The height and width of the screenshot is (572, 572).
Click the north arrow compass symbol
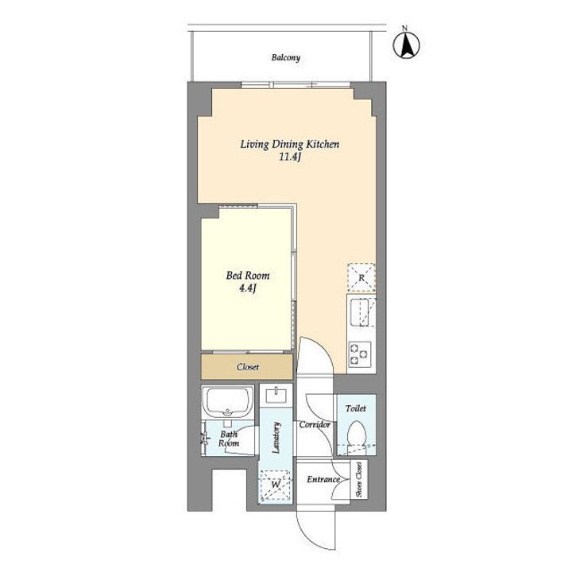406,44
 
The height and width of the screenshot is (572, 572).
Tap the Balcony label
286,58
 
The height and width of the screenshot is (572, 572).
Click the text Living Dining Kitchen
290,145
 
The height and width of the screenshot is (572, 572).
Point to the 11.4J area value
290,157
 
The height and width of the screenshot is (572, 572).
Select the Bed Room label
248,275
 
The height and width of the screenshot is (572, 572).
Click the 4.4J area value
248,288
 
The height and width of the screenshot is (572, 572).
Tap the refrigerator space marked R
361,277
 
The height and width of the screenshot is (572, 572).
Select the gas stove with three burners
360,354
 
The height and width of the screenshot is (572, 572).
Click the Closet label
248,367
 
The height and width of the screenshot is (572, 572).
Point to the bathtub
228,402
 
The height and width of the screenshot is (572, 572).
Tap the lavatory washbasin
276,395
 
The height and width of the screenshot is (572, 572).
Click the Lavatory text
276,438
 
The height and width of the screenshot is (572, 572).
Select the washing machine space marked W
276,485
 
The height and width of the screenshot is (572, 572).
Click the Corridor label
315,424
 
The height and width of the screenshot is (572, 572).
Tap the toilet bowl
356,433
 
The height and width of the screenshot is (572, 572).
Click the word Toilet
356,408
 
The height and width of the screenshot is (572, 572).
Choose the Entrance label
323,479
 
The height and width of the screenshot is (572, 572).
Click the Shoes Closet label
359,479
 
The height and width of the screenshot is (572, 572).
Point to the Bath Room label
229,439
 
